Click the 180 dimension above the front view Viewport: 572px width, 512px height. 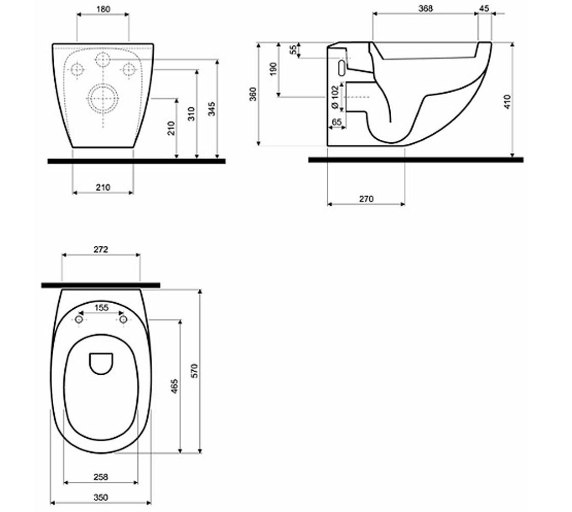(103, 9)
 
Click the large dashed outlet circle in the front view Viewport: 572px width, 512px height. (103, 97)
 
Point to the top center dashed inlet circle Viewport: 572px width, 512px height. (103, 60)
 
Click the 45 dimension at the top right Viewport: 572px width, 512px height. (484, 8)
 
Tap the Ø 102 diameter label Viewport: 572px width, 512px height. (335, 97)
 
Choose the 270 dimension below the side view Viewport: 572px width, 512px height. (366, 199)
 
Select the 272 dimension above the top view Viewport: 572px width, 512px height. (101, 249)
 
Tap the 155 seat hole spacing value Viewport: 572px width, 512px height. (101, 308)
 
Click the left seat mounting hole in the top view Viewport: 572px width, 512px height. (79, 319)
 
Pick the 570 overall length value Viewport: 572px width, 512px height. (194, 371)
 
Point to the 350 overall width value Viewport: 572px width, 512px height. (101, 497)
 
